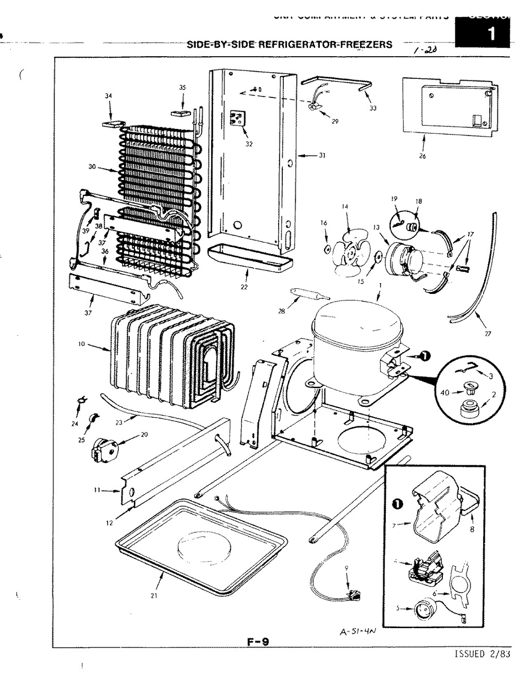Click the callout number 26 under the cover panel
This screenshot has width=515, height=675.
pos(423,157)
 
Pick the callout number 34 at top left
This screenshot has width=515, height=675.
pos(108,95)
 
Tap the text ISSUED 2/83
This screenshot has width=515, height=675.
pos(483,654)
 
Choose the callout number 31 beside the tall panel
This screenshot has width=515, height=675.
pos(322,155)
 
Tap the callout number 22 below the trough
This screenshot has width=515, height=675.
pos(244,287)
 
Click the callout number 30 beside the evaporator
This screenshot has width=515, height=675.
pos(92,167)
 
